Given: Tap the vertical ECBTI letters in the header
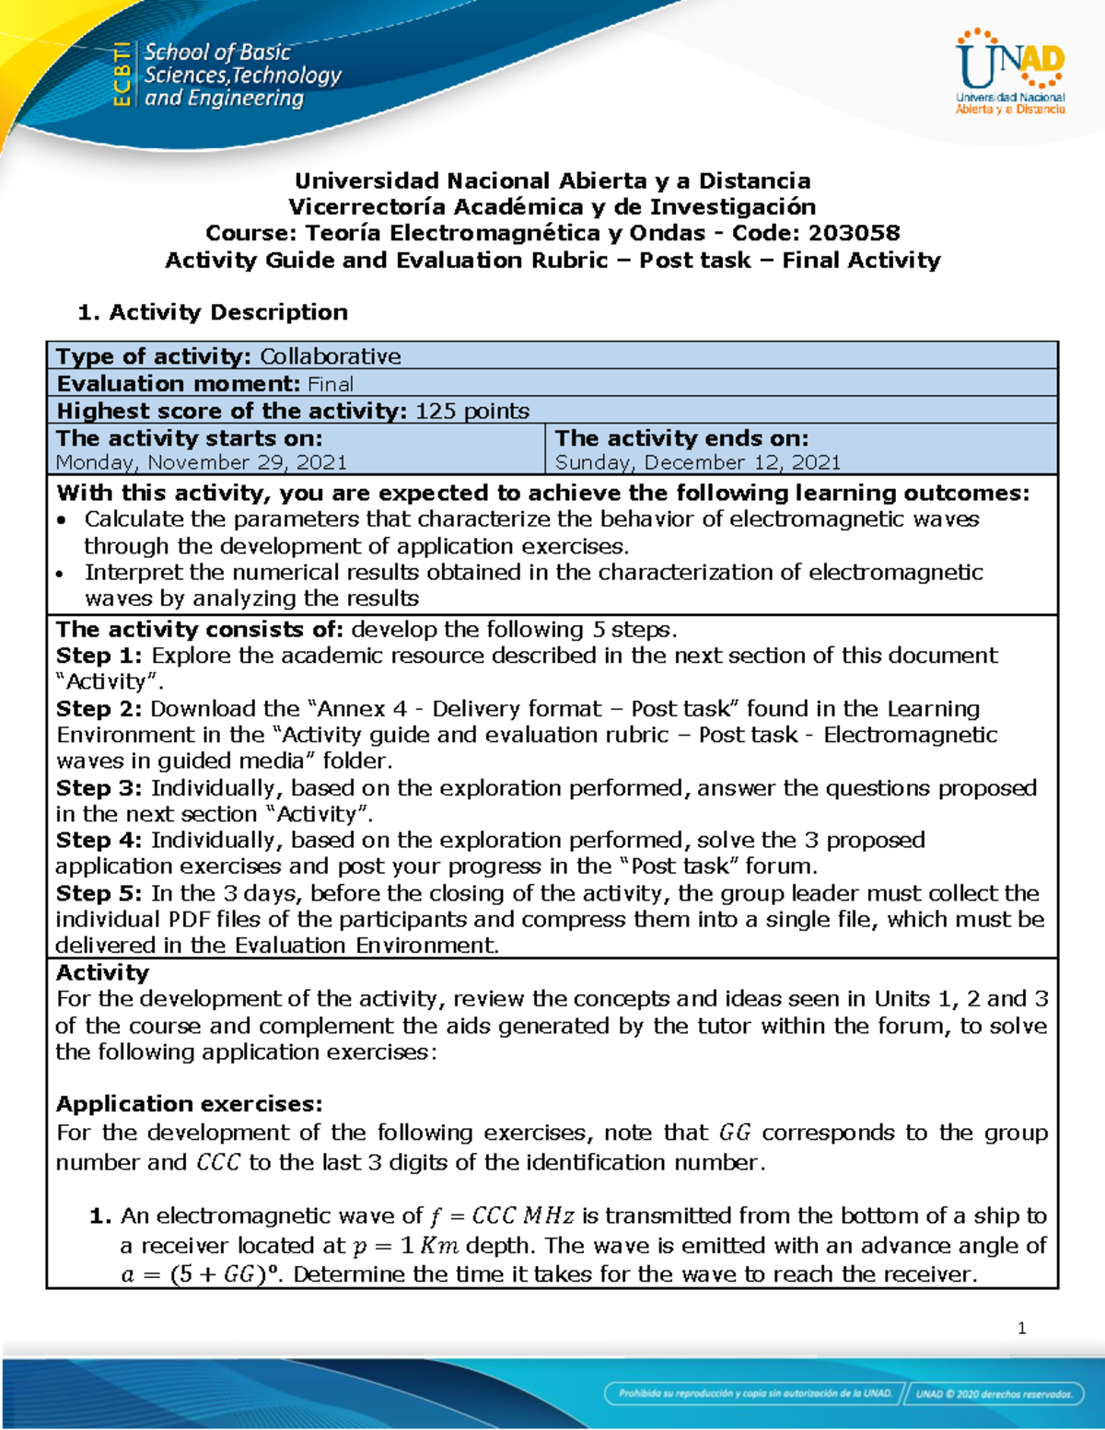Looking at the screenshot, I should tap(121, 75).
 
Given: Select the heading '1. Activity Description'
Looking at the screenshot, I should tap(213, 312).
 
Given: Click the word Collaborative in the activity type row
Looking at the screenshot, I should tap(330, 356).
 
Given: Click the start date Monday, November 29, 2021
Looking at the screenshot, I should tap(201, 462).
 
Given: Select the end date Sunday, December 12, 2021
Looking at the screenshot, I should tap(697, 462).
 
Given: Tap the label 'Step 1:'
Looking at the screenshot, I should tap(99, 656).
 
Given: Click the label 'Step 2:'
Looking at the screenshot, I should tap(99, 709).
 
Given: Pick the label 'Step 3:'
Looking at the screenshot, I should tap(99, 788).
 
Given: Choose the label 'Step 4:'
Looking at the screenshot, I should tap(99, 840).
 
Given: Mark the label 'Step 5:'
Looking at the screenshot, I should tap(99, 893).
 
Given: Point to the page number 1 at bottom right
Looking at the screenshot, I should tap(1021, 1328).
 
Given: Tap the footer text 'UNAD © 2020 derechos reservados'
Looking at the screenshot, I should tap(994, 1394).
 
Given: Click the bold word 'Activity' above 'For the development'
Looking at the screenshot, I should tap(102, 973).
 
